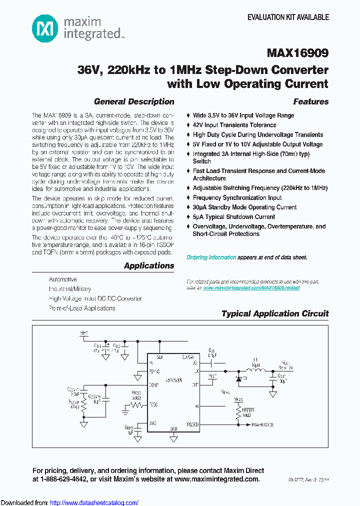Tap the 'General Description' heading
point(134,101)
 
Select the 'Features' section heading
point(310,101)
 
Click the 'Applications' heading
point(149,265)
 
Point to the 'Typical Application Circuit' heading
point(275,313)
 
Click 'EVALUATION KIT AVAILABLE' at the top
point(288,17)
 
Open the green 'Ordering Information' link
point(211,257)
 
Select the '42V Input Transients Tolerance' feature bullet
point(234,125)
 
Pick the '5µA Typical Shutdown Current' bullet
point(233,217)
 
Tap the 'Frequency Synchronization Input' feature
point(237,197)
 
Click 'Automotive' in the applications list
point(63,279)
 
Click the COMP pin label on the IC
point(153,384)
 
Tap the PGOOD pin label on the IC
point(192,424)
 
